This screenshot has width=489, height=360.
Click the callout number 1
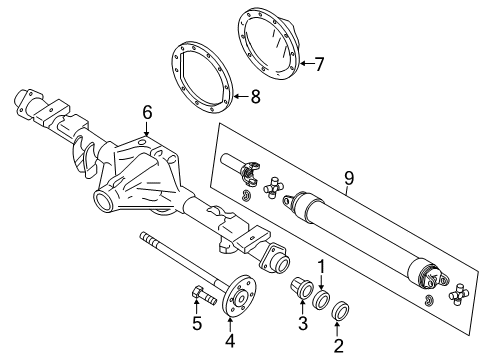tap(323, 266)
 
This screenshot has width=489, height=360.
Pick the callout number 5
tap(196, 324)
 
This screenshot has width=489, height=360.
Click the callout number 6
tap(147, 114)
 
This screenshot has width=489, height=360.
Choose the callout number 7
tap(319, 65)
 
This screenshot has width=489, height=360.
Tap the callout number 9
tap(349, 178)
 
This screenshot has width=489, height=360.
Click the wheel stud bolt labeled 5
tap(198, 295)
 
